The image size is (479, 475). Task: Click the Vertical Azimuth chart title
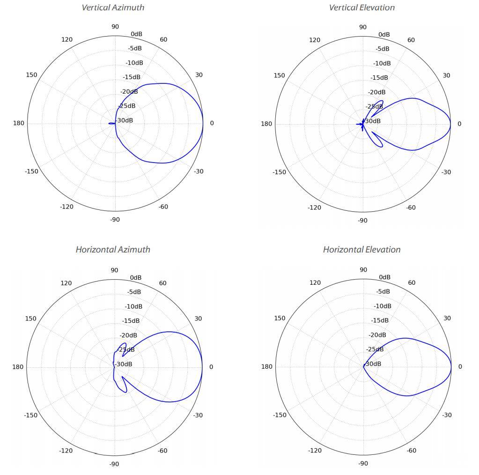point(113,7)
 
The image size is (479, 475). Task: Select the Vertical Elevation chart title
point(361,7)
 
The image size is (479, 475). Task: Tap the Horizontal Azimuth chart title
point(113,250)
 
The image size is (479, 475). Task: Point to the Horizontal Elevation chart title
point(361,250)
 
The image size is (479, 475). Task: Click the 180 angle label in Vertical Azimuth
point(19,123)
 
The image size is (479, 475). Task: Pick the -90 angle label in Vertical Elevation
point(362,220)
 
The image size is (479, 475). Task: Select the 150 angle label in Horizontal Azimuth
point(30,319)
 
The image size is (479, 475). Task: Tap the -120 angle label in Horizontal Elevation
point(315,451)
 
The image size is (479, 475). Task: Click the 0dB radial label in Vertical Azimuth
point(137,34)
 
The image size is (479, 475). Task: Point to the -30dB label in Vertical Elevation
point(373,121)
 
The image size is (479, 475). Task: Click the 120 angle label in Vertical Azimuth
point(67,39)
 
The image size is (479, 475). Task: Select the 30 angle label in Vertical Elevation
point(446,75)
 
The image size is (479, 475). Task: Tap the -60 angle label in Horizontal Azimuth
point(163,451)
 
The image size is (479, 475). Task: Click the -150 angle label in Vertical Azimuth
point(31,171)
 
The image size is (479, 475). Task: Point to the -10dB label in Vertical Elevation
point(382,63)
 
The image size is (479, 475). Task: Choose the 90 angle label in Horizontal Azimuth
point(115,270)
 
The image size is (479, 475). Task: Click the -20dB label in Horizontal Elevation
point(377,335)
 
